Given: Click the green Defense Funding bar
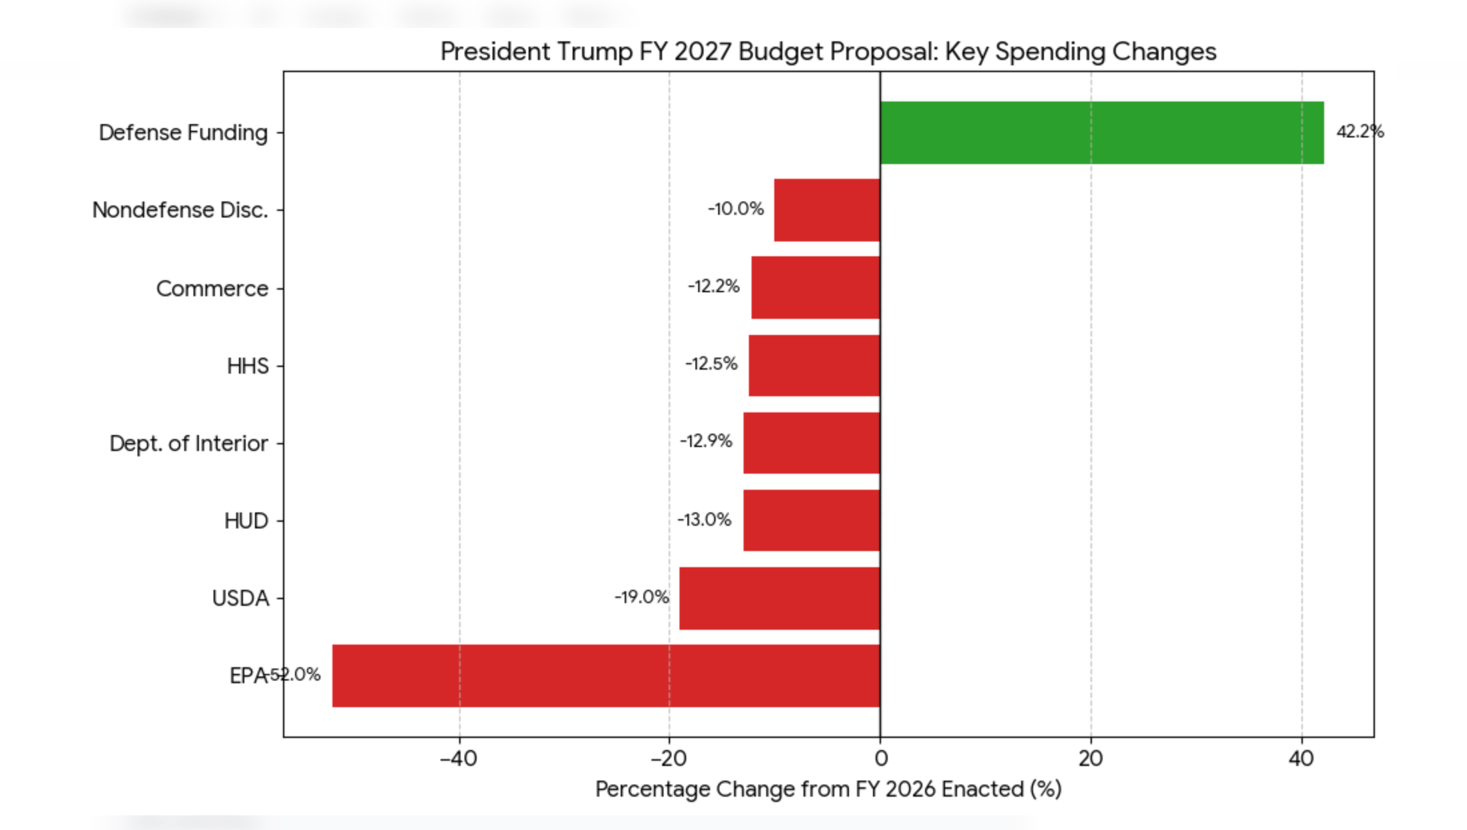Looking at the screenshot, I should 1101,133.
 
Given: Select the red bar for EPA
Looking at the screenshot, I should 606,675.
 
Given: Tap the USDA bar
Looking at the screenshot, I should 780,598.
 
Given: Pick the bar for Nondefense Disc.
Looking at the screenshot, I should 827,210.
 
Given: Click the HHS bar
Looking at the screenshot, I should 814,366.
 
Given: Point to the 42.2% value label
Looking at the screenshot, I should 1360,131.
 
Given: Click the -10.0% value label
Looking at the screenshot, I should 736,209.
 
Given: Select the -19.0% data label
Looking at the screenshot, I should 641,596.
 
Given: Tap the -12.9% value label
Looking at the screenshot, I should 705,441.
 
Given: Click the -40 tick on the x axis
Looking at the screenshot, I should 459,759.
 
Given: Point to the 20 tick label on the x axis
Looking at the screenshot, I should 1091,759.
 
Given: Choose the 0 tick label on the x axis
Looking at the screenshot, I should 881,759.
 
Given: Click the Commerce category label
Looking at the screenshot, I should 212,289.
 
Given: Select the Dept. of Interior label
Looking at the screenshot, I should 188,444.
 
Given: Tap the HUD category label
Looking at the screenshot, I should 246,521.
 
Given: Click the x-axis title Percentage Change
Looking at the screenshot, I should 828,789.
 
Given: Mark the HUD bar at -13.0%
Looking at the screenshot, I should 812,520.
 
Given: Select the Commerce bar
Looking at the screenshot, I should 816,288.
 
